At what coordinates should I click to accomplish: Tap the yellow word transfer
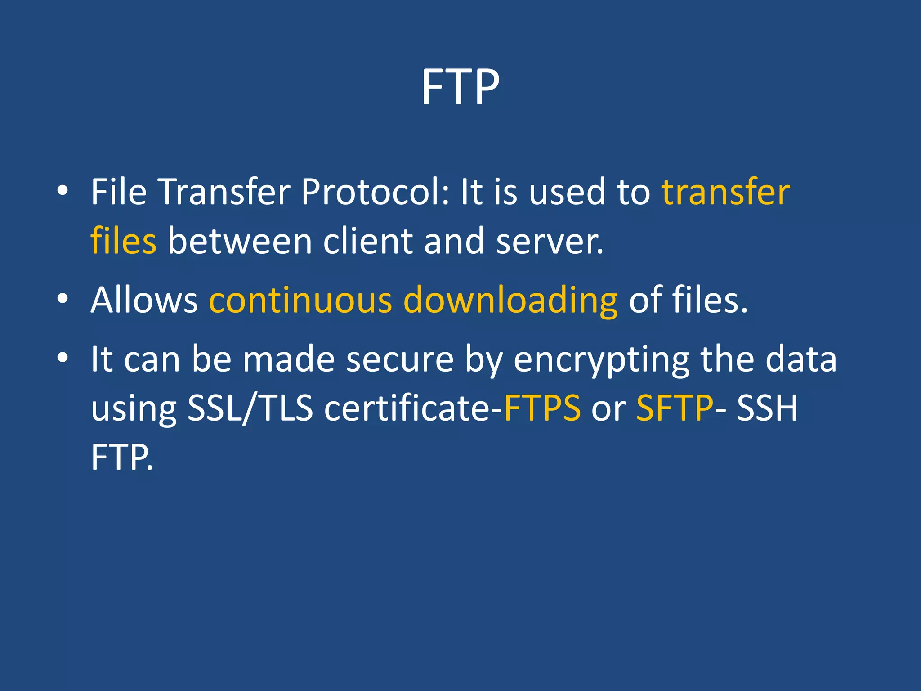coord(725,192)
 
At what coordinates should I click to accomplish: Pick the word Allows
coord(144,300)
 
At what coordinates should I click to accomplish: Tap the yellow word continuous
coord(300,300)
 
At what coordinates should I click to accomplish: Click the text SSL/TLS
coord(250,408)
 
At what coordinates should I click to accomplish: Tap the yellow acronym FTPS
coord(542,408)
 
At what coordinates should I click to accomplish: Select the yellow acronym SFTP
coord(675,408)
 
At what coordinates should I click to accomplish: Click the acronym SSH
coord(767,408)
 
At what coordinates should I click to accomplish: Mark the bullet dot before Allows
coord(63,298)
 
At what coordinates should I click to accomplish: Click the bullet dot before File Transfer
coord(63,191)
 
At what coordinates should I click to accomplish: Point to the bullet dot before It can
coord(63,358)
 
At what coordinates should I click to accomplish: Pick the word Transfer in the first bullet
coord(224,192)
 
